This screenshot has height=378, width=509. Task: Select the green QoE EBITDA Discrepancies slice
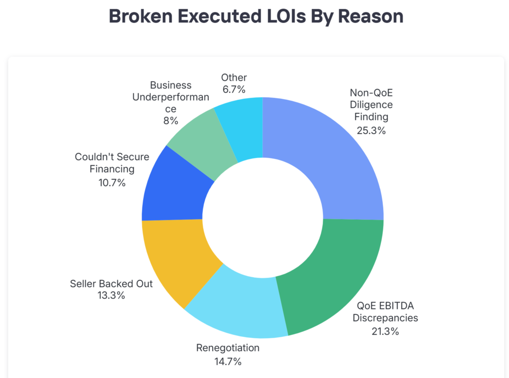(x=333, y=278)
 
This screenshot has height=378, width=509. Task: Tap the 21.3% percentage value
(x=385, y=331)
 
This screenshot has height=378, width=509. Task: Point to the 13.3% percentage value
(x=111, y=296)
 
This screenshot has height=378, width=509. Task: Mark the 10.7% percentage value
(x=112, y=182)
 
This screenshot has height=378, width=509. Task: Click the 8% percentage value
(x=170, y=121)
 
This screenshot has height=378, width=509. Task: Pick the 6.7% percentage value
(x=234, y=90)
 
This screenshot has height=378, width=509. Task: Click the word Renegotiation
(x=227, y=348)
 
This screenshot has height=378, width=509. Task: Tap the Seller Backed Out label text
(x=111, y=284)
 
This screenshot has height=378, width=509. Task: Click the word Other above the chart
(x=234, y=77)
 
